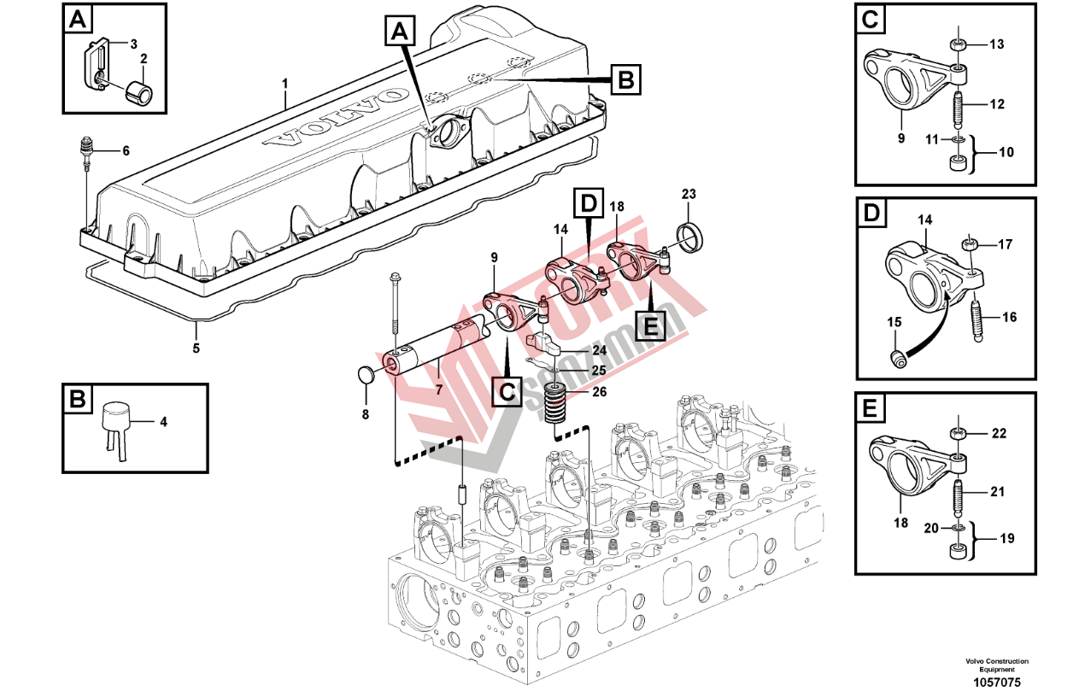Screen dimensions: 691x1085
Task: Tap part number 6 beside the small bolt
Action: click(126, 151)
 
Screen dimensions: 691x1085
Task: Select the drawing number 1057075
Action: click(997, 682)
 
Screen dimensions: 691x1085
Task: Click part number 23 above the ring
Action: click(689, 195)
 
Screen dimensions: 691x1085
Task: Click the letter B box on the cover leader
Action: click(625, 80)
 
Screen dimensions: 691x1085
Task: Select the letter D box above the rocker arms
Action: click(589, 205)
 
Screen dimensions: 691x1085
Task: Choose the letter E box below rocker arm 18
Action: click(650, 325)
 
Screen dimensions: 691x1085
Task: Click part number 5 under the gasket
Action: click(196, 348)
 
